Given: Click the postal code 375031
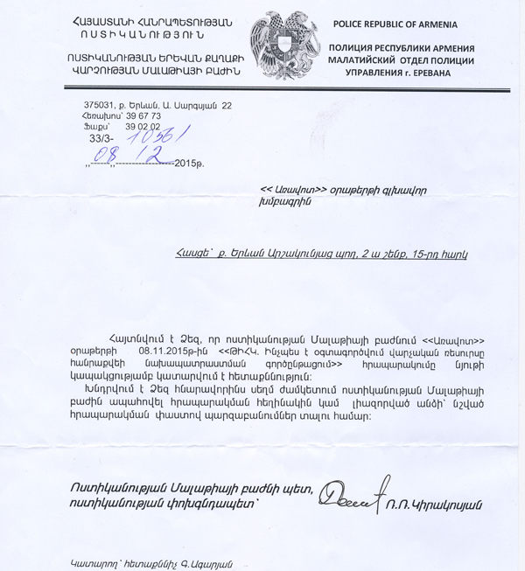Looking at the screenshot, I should [89, 105].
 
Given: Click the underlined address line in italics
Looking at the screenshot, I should [321, 254].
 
